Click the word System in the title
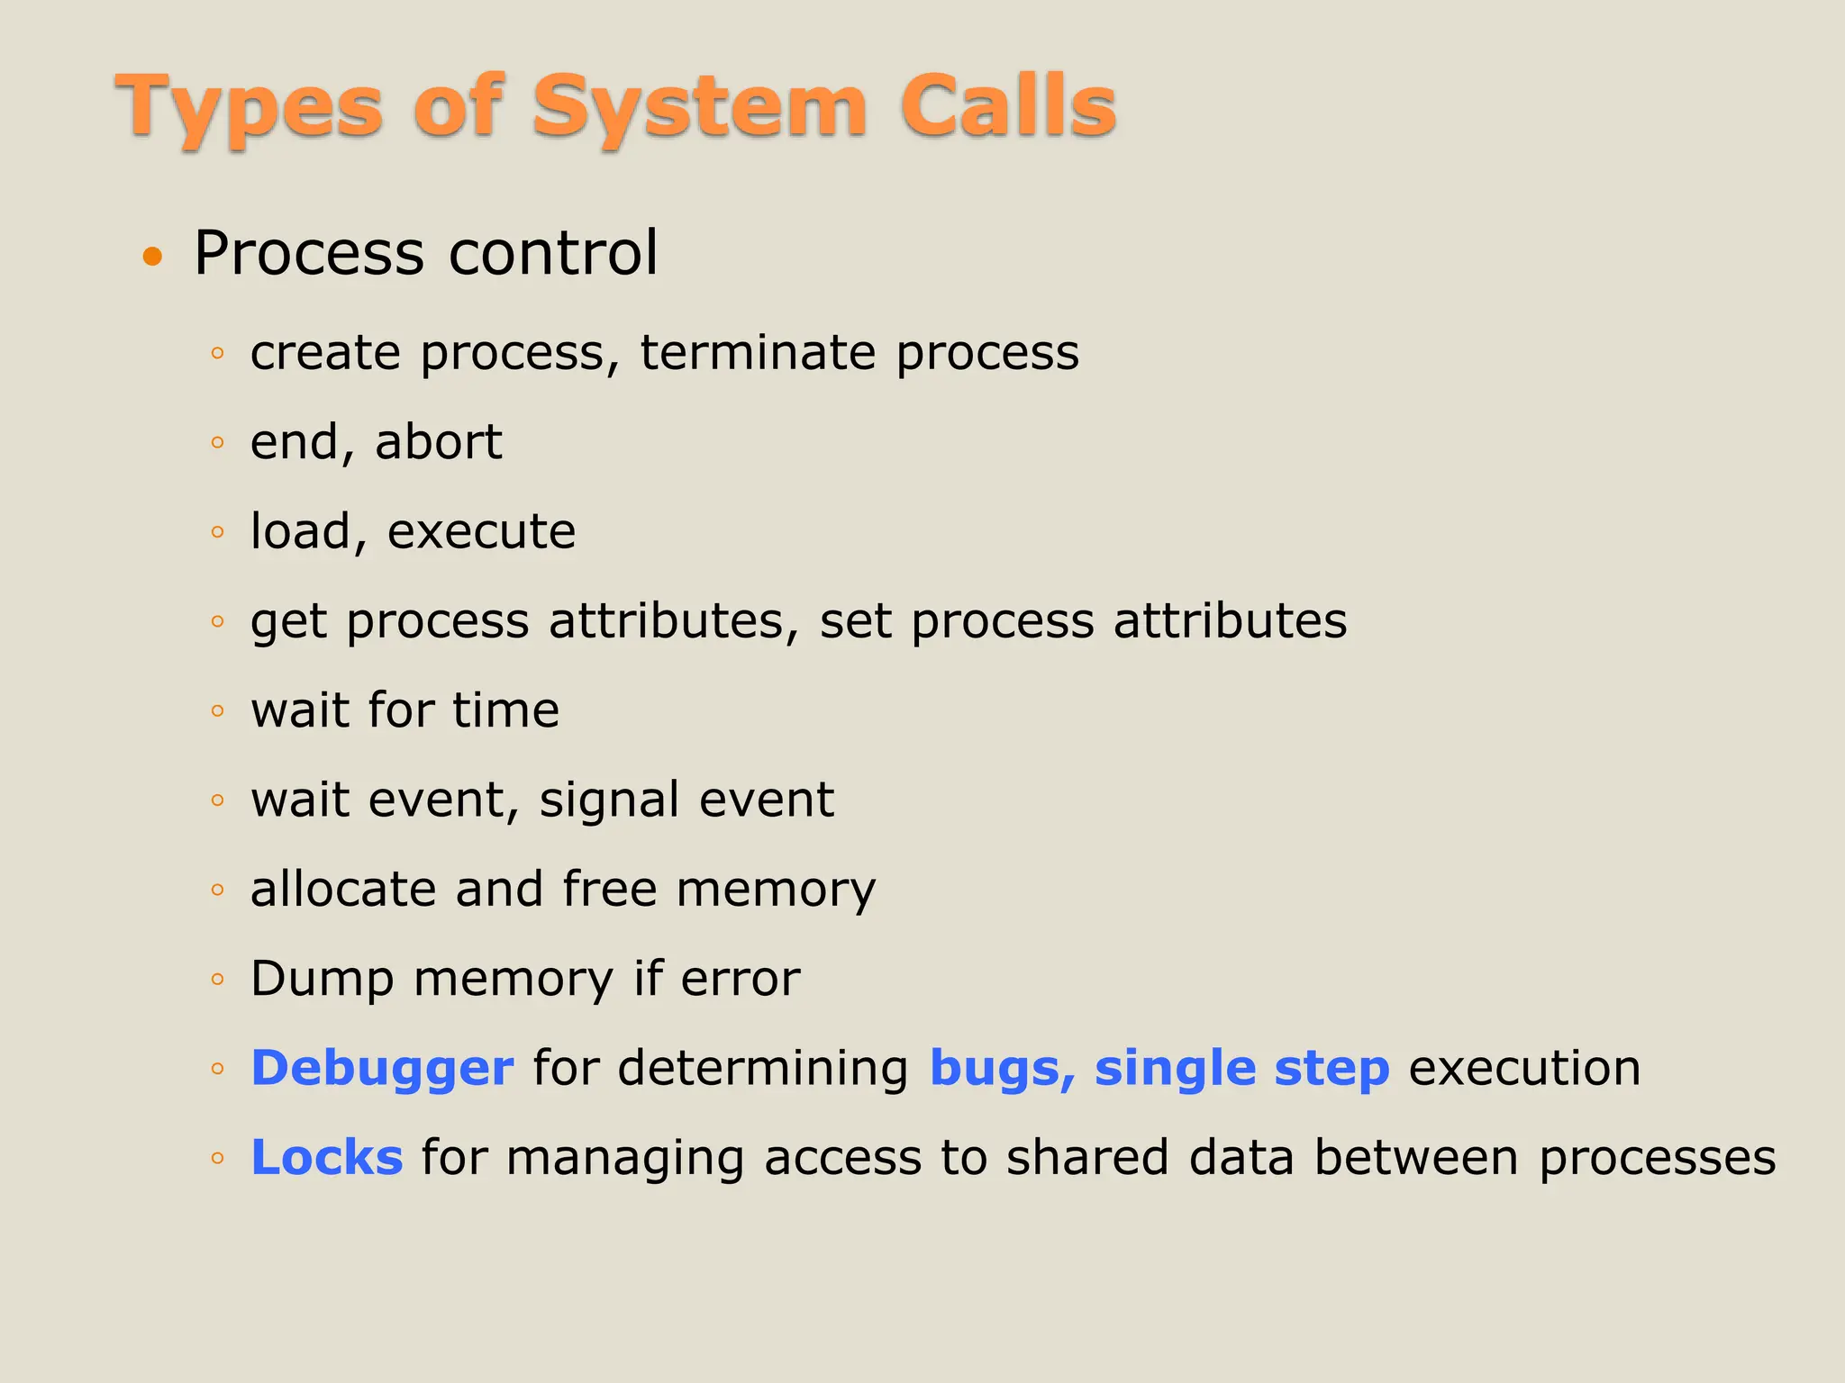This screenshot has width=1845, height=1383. click(x=699, y=108)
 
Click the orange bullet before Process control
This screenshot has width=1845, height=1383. click(x=153, y=258)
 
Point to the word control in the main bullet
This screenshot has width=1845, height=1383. click(x=553, y=253)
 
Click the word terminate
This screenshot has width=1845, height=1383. click(x=758, y=352)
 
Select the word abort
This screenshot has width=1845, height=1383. click(x=439, y=442)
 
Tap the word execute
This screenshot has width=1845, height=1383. click(x=481, y=531)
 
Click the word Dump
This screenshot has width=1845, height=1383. click(x=323, y=980)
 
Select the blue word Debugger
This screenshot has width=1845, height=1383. click(x=382, y=1070)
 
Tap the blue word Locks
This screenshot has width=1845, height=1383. click(x=326, y=1158)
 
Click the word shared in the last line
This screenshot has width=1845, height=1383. click(x=1087, y=1158)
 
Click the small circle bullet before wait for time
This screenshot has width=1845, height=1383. click(x=217, y=711)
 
